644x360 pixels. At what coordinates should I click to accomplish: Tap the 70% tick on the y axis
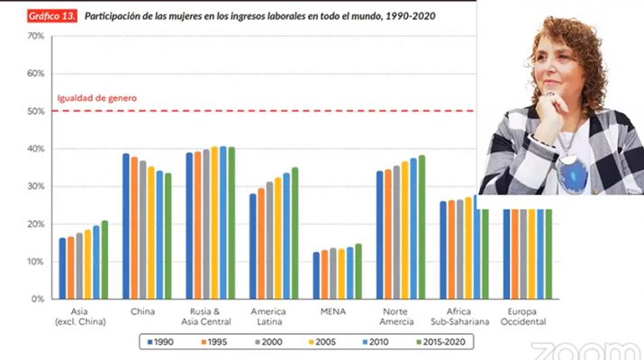[x=36, y=36]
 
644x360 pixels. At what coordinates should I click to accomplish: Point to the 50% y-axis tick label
[x=36, y=112]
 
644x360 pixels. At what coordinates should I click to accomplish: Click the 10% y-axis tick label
[x=36, y=261]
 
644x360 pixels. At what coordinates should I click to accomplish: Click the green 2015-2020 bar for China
[x=168, y=236]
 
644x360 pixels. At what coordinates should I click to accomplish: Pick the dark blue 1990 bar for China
[x=126, y=226]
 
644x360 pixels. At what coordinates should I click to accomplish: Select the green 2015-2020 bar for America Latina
[x=295, y=233]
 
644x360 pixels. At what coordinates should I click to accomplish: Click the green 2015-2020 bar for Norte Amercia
[x=422, y=227]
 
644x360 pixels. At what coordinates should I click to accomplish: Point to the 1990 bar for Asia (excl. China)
[x=62, y=268]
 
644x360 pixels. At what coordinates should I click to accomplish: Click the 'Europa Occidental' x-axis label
[x=522, y=316]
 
